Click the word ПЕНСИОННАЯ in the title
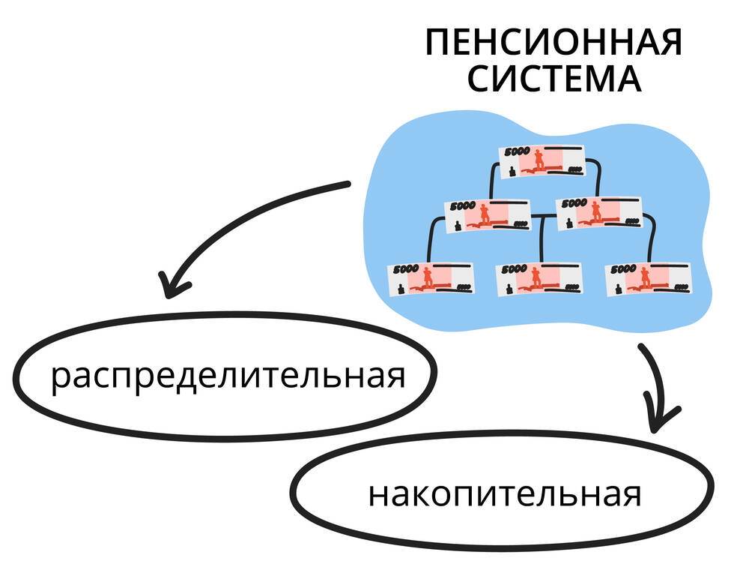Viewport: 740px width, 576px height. point(554,43)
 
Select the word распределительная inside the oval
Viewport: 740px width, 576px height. point(228,374)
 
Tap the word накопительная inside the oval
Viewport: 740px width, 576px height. point(504,495)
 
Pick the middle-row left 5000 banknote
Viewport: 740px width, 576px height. point(487,214)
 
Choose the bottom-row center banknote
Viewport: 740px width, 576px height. point(539,277)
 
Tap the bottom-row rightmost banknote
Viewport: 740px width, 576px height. point(649,277)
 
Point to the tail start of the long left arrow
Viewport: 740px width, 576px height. point(346,184)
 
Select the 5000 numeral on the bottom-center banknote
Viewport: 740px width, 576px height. point(515,267)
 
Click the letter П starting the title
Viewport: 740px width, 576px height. point(438,43)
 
